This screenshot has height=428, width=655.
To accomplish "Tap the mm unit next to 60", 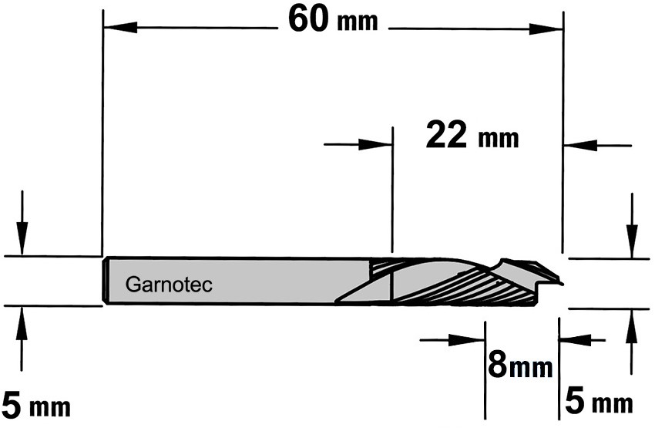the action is click(357, 22).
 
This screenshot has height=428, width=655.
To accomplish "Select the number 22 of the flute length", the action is click(445, 135).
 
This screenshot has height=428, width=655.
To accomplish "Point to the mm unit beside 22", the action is click(498, 138).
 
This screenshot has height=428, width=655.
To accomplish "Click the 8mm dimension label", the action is click(520, 366).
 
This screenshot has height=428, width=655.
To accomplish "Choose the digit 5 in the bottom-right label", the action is click(574, 402).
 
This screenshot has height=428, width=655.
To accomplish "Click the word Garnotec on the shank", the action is click(169, 285).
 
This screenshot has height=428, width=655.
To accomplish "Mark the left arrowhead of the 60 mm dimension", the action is click(120, 28).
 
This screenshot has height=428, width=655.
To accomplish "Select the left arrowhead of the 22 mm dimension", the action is click(375, 145).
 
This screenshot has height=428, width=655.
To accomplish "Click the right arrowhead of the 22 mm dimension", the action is click(580, 146).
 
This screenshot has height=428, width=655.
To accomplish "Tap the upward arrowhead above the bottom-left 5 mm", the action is click(22, 322).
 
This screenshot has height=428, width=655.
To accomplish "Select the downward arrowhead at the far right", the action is click(632, 241).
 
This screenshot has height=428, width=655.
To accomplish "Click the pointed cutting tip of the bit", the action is click(563, 284).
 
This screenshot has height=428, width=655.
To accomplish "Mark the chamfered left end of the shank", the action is click(106, 281).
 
